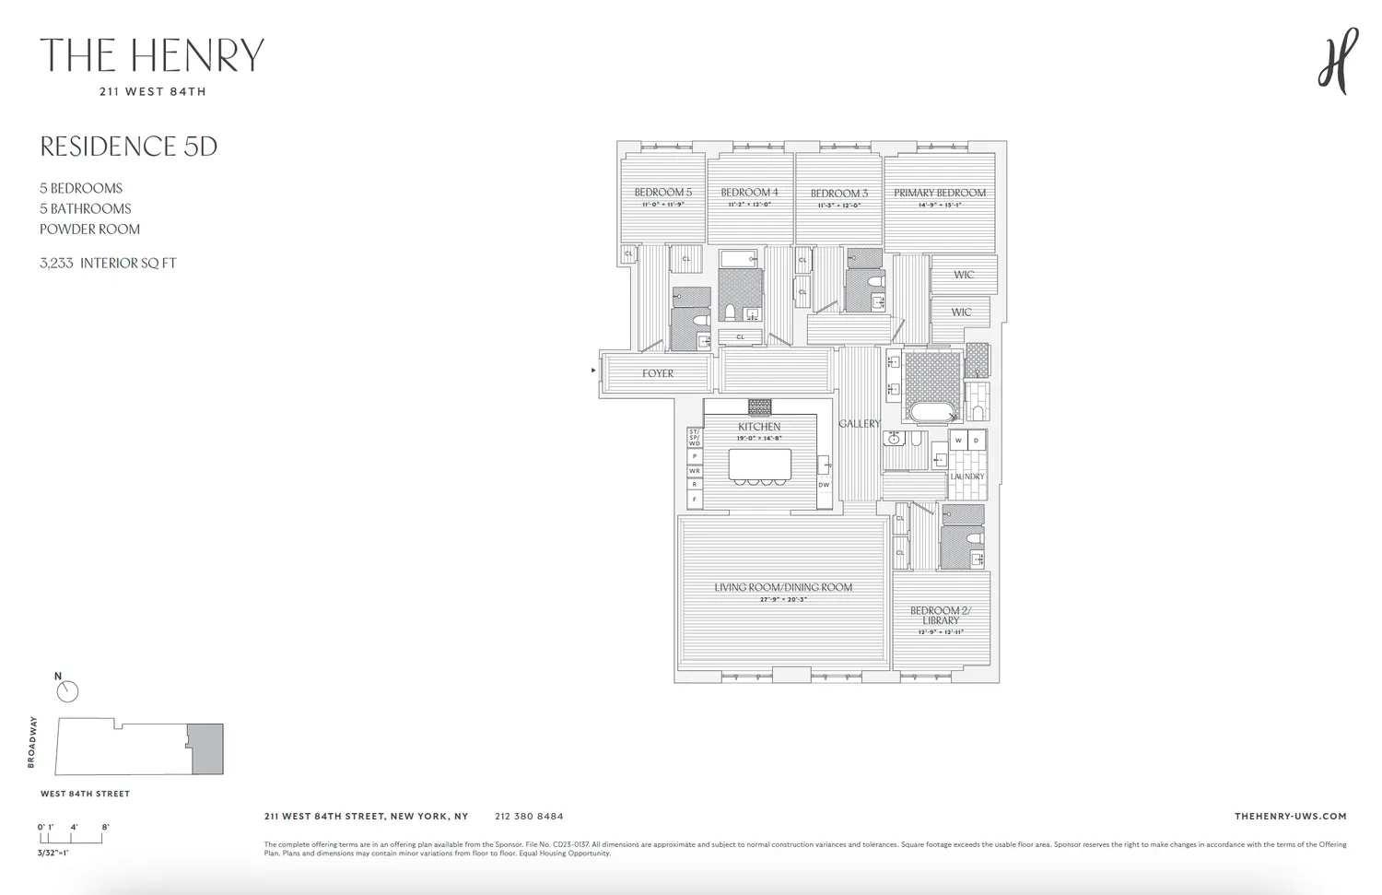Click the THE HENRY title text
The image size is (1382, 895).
click(152, 55)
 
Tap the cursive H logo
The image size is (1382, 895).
click(1338, 60)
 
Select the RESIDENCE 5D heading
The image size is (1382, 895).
click(129, 147)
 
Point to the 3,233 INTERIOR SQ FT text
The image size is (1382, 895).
click(108, 263)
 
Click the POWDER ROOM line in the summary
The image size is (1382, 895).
click(89, 229)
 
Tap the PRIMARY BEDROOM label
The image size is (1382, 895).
click(939, 193)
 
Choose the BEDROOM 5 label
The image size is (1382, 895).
click(662, 193)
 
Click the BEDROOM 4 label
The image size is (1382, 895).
click(749, 193)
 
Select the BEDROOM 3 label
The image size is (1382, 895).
click(838, 194)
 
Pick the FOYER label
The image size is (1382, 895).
click(658, 373)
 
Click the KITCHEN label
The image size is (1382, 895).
click(759, 427)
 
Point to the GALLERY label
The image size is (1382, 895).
click(859, 423)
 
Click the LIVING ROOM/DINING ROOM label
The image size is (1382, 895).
click(783, 587)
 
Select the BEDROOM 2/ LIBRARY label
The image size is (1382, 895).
click(940, 615)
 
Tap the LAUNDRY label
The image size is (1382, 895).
click(967, 477)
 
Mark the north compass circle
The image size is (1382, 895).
click(67, 691)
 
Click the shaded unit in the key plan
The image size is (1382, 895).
click(206, 748)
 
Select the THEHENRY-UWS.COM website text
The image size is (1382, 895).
click(1290, 816)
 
